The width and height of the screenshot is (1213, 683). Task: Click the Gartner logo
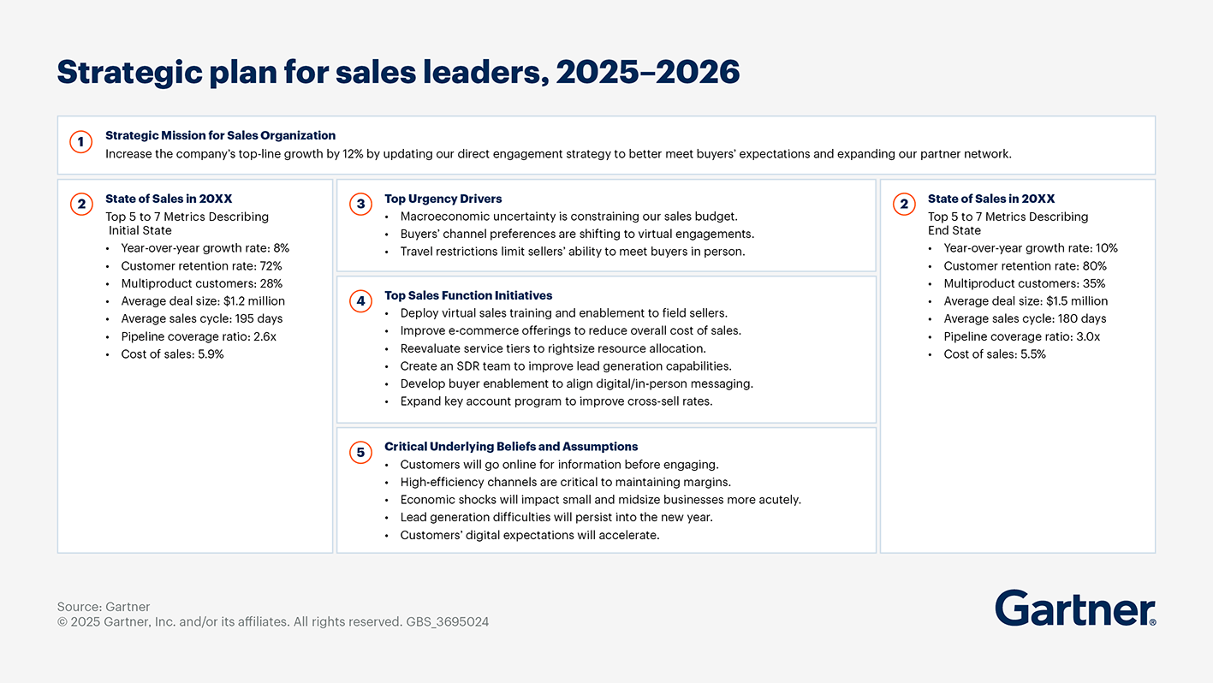(x=1074, y=608)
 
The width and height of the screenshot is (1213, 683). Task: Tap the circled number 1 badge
(x=81, y=142)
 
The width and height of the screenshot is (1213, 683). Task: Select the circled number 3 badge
(x=360, y=204)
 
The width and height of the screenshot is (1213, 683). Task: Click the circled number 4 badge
(x=360, y=300)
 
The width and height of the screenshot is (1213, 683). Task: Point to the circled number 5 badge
(x=360, y=452)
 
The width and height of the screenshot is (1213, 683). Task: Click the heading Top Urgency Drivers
(x=443, y=199)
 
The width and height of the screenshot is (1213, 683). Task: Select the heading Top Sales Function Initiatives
(x=468, y=295)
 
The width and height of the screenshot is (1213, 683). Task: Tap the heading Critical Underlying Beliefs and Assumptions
(x=511, y=446)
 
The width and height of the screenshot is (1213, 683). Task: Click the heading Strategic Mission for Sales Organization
(x=220, y=135)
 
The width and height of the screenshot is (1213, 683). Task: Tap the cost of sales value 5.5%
(x=1032, y=354)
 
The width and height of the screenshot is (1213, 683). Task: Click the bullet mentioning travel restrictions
(x=572, y=252)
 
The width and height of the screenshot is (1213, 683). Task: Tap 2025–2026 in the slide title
(x=647, y=73)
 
